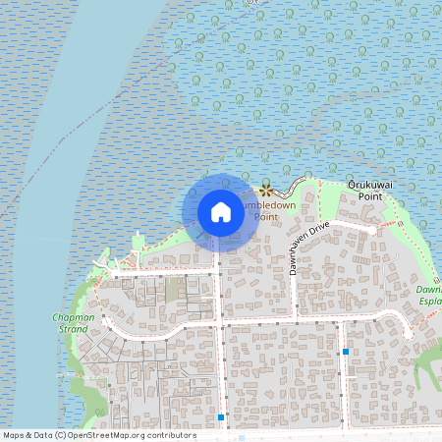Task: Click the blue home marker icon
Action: pos(220,212)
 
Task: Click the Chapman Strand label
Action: pos(71,323)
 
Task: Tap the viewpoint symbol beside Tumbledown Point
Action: pos(264,190)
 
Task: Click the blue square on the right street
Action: pos(346,351)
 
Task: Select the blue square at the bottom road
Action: pos(221,417)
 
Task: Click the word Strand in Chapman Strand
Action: pos(72,329)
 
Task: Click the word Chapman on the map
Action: pos(71,317)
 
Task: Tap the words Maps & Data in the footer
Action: pos(27,435)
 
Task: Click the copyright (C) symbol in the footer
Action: pos(60,435)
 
